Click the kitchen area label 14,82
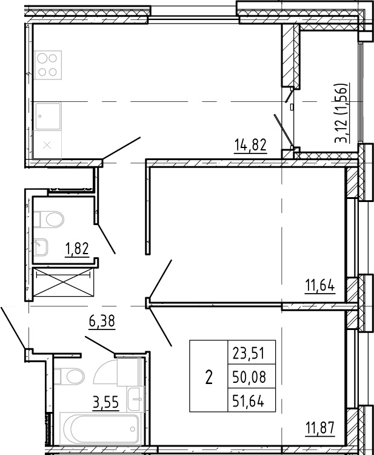click(250, 145)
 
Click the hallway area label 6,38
click(102, 321)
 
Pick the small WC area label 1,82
click(78, 249)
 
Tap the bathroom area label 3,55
click(106, 403)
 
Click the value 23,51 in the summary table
click(249, 354)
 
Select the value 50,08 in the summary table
click(249, 377)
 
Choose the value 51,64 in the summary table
click(249, 402)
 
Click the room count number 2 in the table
click(209, 377)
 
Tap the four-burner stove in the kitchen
click(48, 65)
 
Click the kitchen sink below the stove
click(48, 116)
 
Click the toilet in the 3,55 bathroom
click(69, 376)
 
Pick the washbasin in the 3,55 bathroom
click(135, 399)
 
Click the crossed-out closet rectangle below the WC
click(64, 282)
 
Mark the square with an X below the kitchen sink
click(47, 145)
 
